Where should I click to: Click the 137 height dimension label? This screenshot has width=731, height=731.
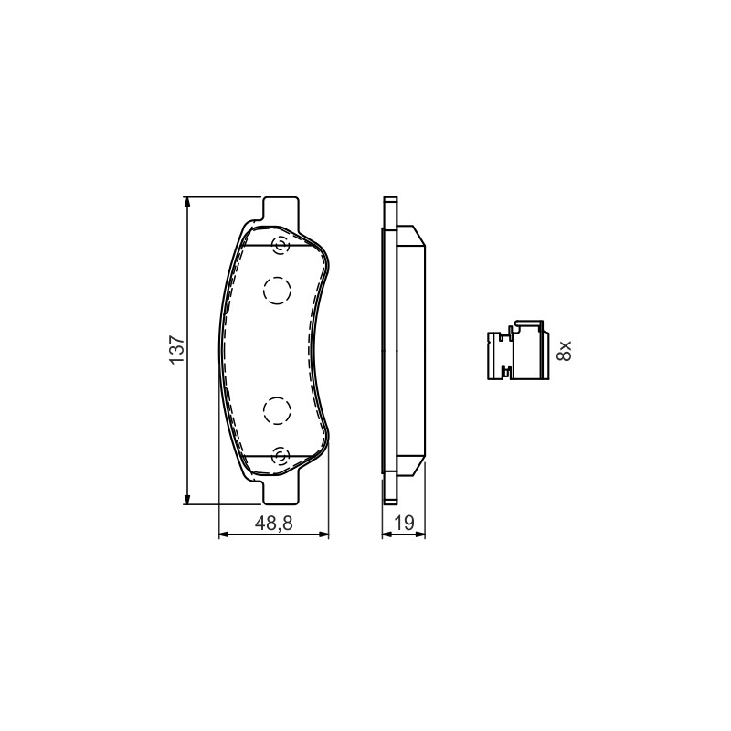(x=177, y=350)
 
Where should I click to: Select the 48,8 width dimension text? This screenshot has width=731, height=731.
(x=273, y=523)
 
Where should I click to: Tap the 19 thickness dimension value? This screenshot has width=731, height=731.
(x=404, y=523)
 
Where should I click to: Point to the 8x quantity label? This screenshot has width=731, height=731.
(x=564, y=351)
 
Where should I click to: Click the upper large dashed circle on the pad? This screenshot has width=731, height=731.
(x=277, y=291)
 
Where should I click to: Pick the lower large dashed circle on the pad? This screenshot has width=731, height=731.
(x=277, y=410)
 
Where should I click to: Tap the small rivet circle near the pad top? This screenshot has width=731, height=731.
(x=281, y=246)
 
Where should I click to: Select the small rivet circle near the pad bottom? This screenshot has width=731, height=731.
(x=281, y=455)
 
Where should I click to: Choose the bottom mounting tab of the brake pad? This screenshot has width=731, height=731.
(x=281, y=493)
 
